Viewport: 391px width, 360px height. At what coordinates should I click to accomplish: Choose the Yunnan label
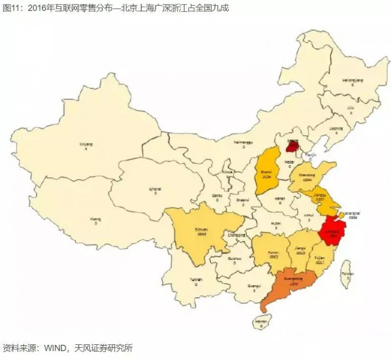click(195, 279)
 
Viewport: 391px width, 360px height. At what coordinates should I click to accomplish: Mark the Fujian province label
click(318, 257)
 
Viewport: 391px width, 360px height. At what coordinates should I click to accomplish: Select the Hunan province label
click(274, 253)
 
